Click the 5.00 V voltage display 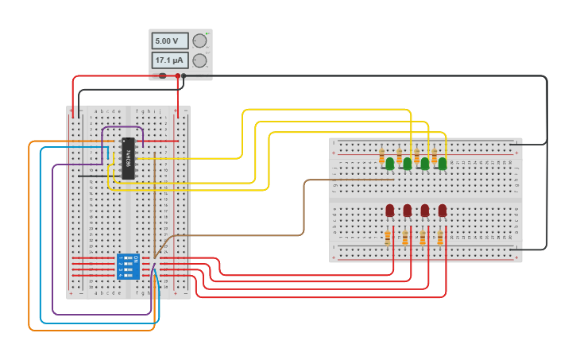tap(169, 41)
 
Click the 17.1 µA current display tap(169, 60)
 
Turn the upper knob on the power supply tap(200, 41)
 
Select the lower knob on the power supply tap(200, 60)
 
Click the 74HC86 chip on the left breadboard tap(128, 157)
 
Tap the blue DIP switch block tap(126, 266)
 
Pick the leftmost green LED tap(390, 164)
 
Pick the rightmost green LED tap(443, 164)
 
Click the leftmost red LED tap(390, 210)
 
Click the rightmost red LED tap(443, 210)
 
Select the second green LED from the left tap(408, 164)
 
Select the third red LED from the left tap(425, 210)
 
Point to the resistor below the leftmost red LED tap(388, 238)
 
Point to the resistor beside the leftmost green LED tap(381, 156)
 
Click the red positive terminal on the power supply tap(178, 75)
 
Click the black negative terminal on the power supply tap(184, 75)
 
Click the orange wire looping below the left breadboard tap(29, 238)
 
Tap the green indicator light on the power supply tap(207, 34)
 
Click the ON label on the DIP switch tap(137, 259)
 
